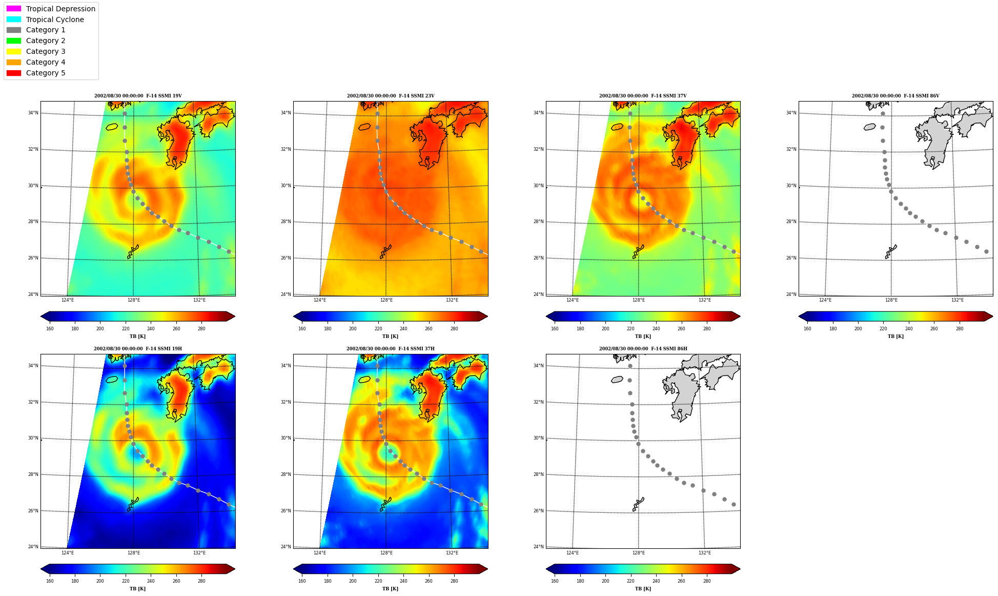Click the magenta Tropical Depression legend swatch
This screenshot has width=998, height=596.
coord(14,9)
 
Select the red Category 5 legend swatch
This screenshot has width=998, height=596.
coord(14,73)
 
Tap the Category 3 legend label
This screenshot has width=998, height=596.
coord(46,51)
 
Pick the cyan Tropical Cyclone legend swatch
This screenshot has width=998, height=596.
coord(14,19)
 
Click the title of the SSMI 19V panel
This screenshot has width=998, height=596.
coord(138,96)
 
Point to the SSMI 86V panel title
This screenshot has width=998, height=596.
coord(895,96)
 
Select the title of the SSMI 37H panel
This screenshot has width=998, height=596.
coord(390,349)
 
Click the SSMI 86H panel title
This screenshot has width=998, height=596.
coord(643,349)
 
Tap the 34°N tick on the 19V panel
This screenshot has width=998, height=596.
coord(33,113)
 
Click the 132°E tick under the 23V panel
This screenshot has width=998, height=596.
coord(452,300)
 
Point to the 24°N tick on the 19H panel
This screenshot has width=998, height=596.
coord(33,547)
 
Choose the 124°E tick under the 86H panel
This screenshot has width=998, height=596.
coord(573,553)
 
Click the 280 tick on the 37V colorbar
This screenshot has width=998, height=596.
coord(707,329)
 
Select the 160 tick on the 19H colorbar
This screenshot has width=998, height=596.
coord(50,581)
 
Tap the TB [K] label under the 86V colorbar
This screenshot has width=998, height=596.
coord(895,336)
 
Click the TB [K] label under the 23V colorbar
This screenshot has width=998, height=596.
coord(390,336)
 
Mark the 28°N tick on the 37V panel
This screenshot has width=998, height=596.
coord(538,222)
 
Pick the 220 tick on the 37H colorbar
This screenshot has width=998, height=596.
coord(378,581)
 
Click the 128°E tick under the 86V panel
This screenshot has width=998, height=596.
coord(891,300)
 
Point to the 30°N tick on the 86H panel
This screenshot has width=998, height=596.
coord(538,438)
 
